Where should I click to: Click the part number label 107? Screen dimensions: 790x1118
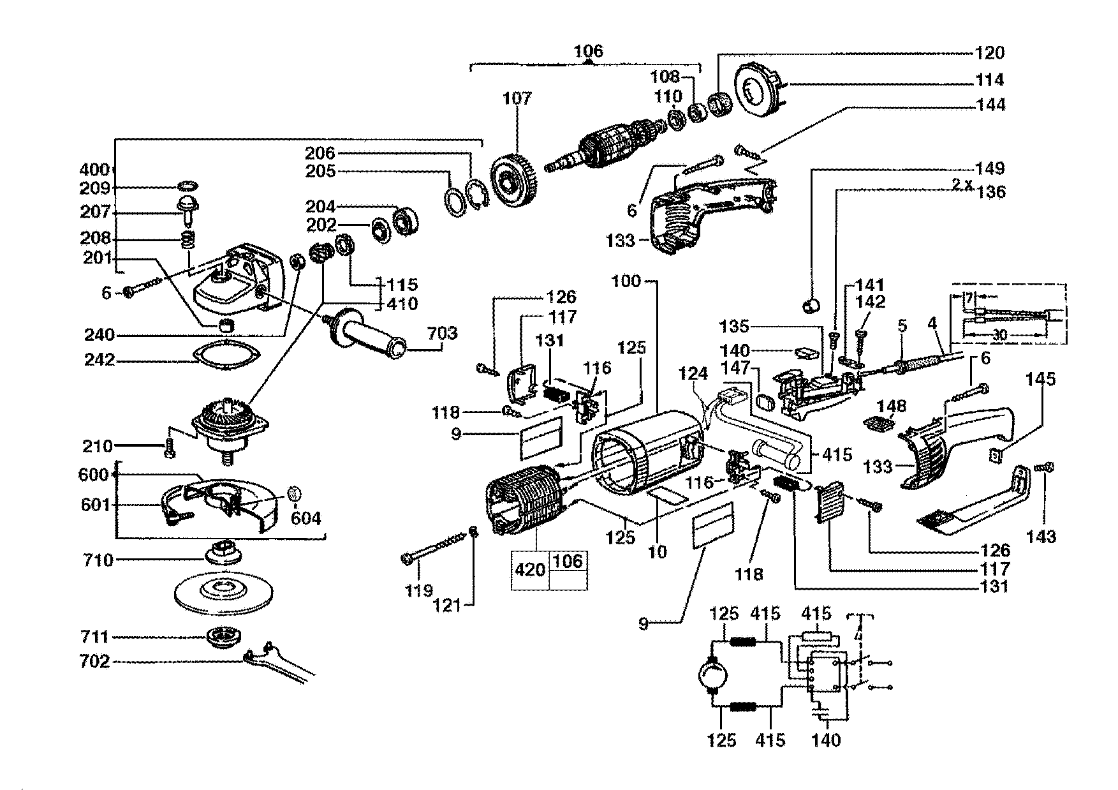(x=516, y=98)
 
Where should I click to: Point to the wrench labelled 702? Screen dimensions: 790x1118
(x=281, y=664)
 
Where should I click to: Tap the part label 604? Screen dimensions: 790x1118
(x=306, y=519)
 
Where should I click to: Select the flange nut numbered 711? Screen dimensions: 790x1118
(x=223, y=637)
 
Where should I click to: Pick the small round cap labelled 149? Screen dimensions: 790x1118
(x=811, y=304)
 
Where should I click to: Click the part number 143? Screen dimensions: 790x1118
(x=1041, y=537)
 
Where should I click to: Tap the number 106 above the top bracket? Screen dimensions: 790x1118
(x=587, y=50)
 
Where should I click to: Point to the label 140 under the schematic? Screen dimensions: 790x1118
(x=827, y=740)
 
